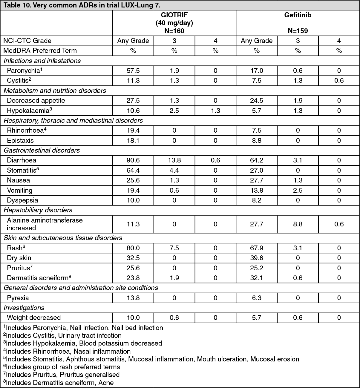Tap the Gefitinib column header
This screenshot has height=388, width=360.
coord(298,15)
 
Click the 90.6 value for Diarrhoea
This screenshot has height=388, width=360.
coord(133,160)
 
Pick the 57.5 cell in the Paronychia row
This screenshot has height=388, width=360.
coord(133,71)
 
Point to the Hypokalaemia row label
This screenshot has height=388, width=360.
coord(30,111)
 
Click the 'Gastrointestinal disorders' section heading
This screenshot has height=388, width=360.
coord(42,151)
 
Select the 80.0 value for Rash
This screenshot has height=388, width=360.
coord(133,248)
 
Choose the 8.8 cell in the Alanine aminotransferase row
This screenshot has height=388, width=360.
coord(298,224)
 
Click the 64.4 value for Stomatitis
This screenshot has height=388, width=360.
coord(133,171)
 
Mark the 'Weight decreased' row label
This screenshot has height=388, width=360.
coord(34,318)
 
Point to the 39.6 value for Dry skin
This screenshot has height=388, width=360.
coord(257,258)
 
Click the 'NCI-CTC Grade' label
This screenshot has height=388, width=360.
coord(27,41)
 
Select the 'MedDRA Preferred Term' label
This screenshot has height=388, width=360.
coord(40,51)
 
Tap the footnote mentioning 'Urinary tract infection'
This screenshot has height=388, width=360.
coord(62,336)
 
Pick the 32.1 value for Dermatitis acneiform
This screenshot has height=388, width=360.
coord(257,278)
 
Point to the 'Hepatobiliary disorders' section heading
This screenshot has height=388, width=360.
coord(38,210)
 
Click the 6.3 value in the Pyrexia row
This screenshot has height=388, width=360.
coord(257,298)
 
